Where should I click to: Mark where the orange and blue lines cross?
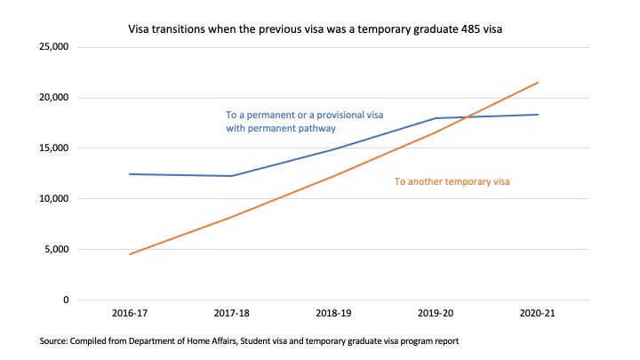tap(466, 116)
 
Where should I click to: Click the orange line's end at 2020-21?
tap(538, 83)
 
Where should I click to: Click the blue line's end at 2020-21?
tap(538, 115)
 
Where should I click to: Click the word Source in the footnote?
tap(52, 341)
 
